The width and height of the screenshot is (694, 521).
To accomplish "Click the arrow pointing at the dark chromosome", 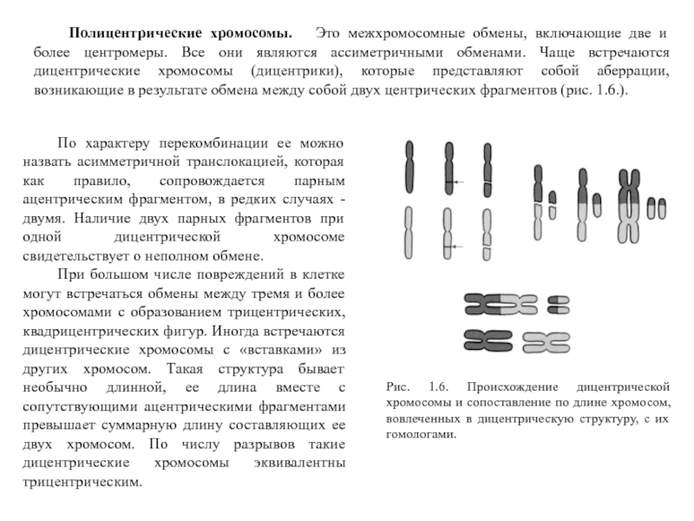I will click(458, 181).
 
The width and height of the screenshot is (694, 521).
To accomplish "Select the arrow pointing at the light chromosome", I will click(458, 247).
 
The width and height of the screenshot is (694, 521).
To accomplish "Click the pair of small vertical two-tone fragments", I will click(658, 208).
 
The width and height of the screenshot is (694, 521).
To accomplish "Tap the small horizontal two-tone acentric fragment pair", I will click(558, 304).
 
